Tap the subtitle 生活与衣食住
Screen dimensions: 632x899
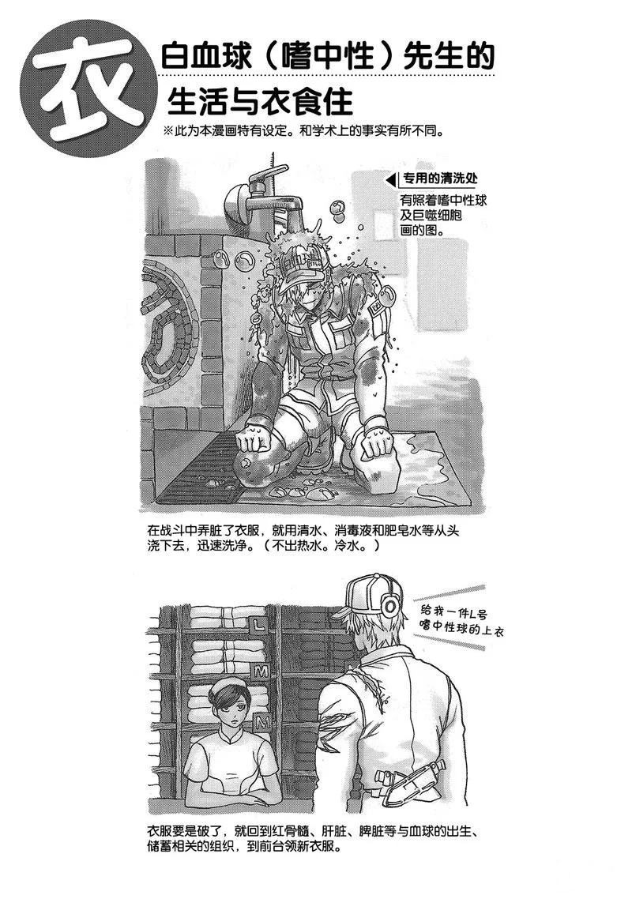[259, 102]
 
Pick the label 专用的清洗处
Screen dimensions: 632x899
[439, 179]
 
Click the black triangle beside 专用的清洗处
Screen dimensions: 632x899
[390, 181]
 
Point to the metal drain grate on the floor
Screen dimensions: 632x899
[201, 469]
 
